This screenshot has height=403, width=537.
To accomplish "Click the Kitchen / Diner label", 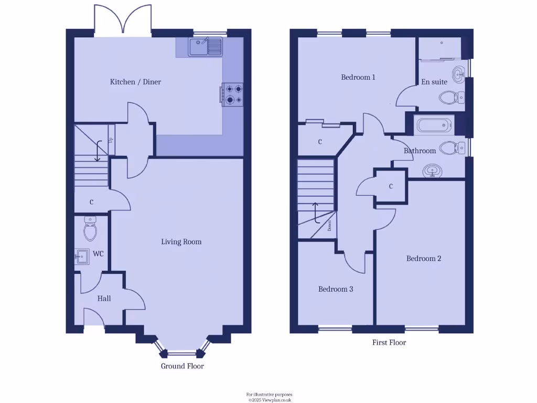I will [x=135, y=82].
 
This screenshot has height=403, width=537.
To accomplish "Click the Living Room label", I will [x=181, y=242].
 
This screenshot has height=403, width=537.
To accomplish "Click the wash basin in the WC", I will [x=82, y=257].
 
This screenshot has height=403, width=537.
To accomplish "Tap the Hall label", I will [x=104, y=299].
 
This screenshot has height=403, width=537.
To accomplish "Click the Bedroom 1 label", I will [x=358, y=78].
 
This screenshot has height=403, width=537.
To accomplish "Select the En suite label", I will [x=434, y=82].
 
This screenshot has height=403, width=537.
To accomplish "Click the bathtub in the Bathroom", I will [x=432, y=125].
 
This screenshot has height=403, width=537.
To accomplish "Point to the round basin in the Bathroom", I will [x=433, y=171].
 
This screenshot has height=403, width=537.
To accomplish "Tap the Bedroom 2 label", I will [x=424, y=259].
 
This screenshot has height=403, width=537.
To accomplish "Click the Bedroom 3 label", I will [x=336, y=289].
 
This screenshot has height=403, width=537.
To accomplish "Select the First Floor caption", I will [x=389, y=343].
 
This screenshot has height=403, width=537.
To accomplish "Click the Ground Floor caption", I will [x=182, y=366].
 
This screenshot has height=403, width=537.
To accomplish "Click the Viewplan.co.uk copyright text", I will [x=270, y=400].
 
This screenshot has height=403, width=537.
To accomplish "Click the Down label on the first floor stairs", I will [x=330, y=226].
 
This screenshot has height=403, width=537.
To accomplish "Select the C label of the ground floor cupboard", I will [x=91, y=202].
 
